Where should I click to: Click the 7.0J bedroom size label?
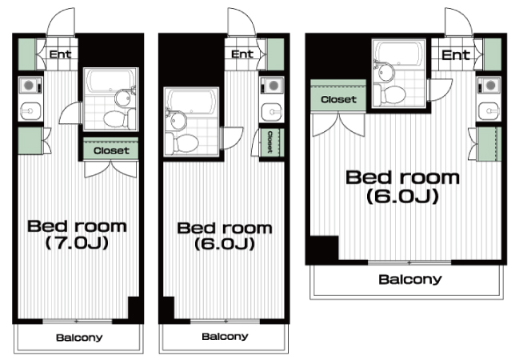click(77, 243)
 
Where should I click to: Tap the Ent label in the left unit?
click(60, 54)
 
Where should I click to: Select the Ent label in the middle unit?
click(242, 54)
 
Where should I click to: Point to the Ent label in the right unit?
click(456, 55)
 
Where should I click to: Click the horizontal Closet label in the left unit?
click(111, 150)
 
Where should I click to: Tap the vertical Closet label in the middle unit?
click(270, 142)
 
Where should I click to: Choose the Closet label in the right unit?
click(338, 99)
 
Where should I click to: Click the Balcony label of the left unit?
click(79, 338)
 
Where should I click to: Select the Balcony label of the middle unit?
click(225, 336)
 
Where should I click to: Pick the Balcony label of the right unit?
click(410, 279)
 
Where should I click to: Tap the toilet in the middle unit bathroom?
click(182, 143)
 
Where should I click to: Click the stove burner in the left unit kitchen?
click(29, 86)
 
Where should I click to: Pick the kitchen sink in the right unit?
click(489, 111)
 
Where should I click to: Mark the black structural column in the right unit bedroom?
click(321, 249)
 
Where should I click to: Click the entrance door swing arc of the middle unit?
click(246, 17)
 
